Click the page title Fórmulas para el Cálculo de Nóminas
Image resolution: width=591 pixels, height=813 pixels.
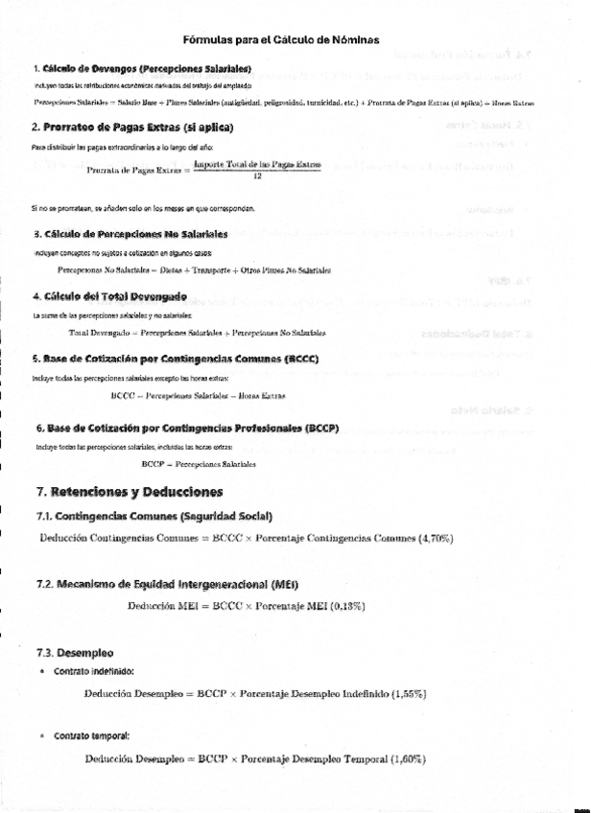[x=281, y=39]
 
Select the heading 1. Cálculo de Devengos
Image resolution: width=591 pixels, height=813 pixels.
[x=142, y=69]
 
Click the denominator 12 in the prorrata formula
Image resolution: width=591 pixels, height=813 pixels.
[x=257, y=176]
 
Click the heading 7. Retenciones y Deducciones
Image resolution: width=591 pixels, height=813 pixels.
[x=129, y=492]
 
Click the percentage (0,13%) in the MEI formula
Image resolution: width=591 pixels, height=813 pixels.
[x=347, y=607]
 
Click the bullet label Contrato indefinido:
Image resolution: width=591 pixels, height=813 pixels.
[x=94, y=671]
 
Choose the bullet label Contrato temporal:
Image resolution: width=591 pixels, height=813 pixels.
[x=91, y=735]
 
